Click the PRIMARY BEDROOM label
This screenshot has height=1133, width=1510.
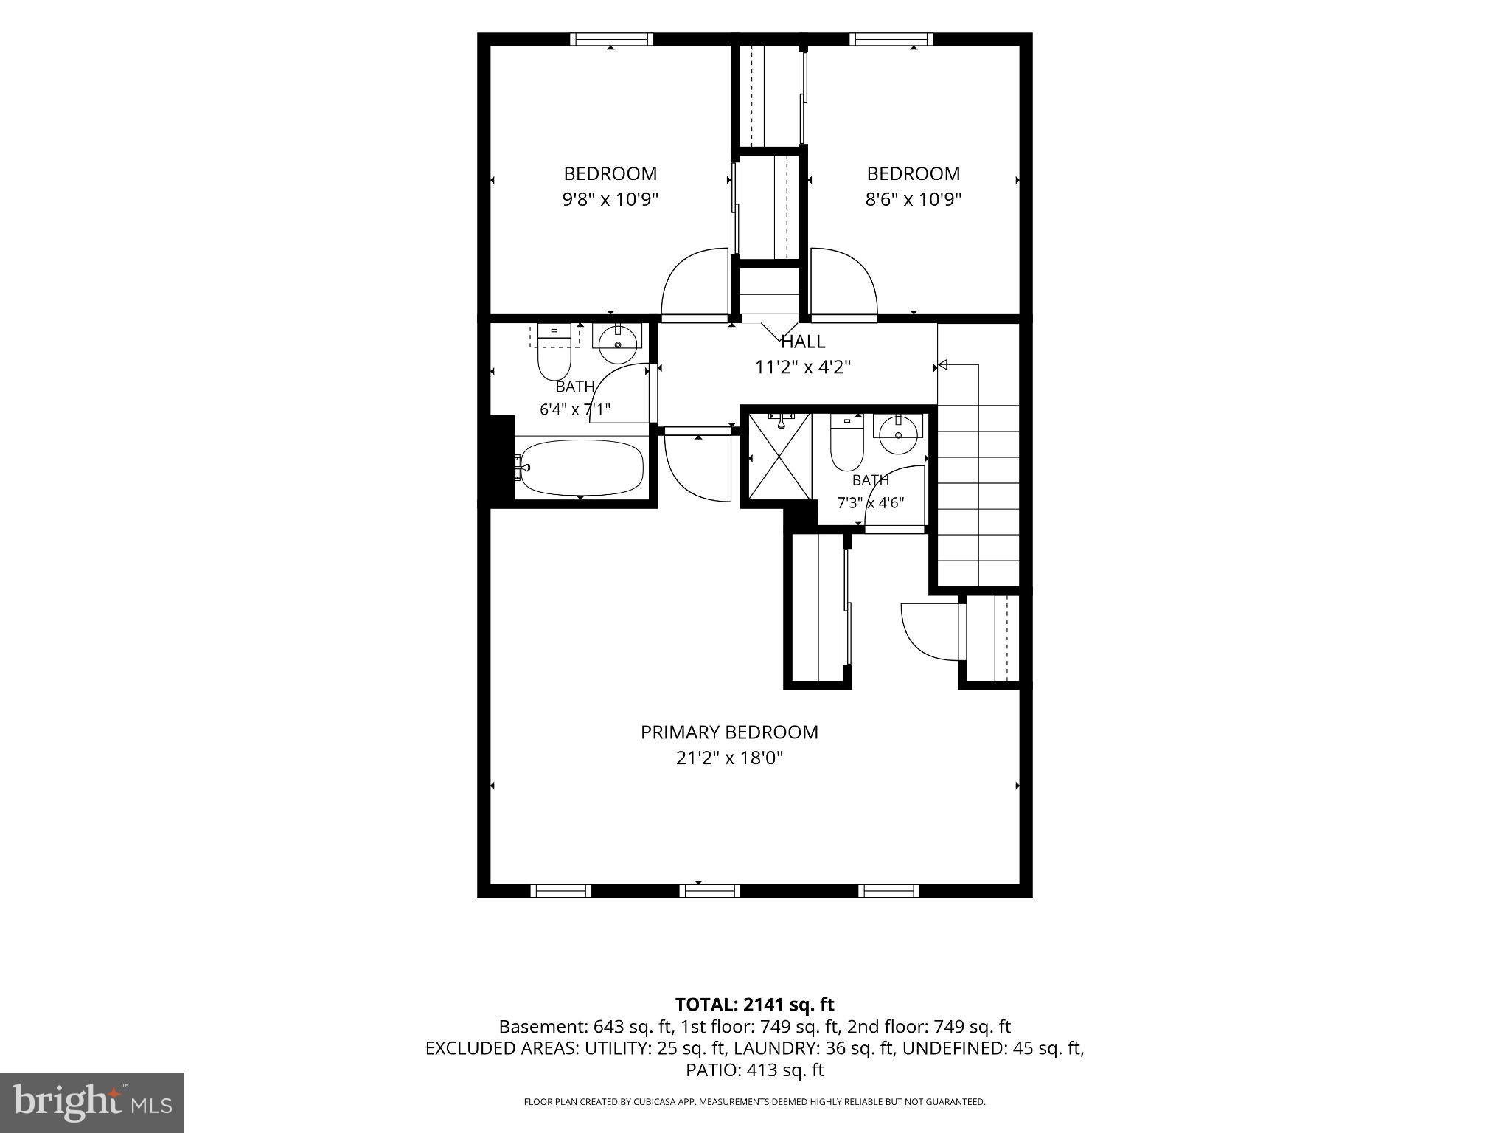[729, 732]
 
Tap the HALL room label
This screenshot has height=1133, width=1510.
[803, 342]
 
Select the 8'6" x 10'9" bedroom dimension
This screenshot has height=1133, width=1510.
[914, 199]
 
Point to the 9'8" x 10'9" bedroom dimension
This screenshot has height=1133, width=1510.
[610, 199]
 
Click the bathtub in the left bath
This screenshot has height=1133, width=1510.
[579, 468]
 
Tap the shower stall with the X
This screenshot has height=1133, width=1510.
[779, 457]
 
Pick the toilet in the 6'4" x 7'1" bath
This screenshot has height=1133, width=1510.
[554, 353]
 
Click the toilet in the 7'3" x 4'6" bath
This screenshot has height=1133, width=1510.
[847, 443]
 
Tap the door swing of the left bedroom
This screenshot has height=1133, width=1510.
[695, 284]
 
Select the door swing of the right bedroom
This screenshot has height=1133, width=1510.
[843, 284]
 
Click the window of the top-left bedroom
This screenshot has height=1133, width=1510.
[611, 39]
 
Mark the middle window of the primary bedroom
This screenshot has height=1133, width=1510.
[709, 891]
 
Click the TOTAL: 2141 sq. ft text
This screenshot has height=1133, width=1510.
[754, 1004]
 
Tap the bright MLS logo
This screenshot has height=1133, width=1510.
[92, 1102]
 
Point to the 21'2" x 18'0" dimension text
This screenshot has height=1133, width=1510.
[729, 758]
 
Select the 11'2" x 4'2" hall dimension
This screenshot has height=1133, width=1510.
[803, 367]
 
